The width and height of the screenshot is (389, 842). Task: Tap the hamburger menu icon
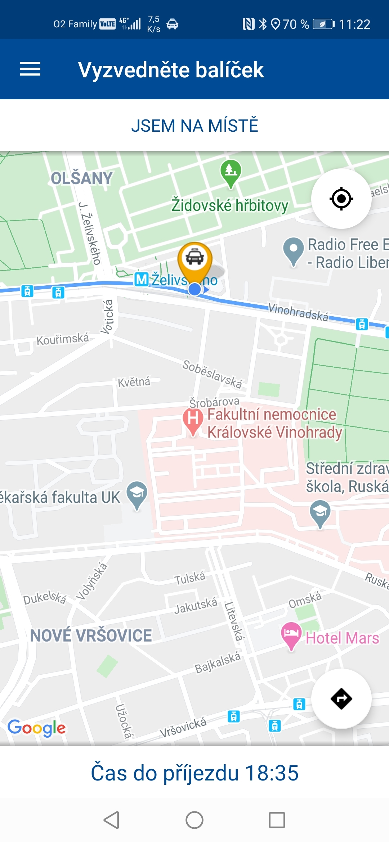[x=30, y=69]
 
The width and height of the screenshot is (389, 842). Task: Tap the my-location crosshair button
[x=341, y=199]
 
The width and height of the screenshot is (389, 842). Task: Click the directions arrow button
[x=341, y=699]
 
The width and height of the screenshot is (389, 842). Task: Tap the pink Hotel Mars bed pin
[x=291, y=634]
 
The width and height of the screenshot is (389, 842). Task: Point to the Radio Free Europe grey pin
[x=294, y=249]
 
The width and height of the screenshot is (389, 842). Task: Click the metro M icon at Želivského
[x=142, y=280]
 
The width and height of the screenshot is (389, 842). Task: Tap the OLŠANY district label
[x=82, y=178]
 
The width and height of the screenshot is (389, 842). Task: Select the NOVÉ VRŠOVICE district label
[x=91, y=635]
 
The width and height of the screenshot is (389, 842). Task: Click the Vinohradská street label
[x=298, y=312]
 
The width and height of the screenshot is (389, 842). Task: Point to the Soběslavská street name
[x=212, y=374]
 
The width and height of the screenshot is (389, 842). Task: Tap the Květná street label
[x=134, y=382]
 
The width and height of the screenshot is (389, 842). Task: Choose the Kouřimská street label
[x=63, y=339]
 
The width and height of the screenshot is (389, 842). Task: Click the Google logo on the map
[x=36, y=728]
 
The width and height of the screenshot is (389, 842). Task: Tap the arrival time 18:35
[x=272, y=773]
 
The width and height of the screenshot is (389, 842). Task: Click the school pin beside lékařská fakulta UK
[x=137, y=493]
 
